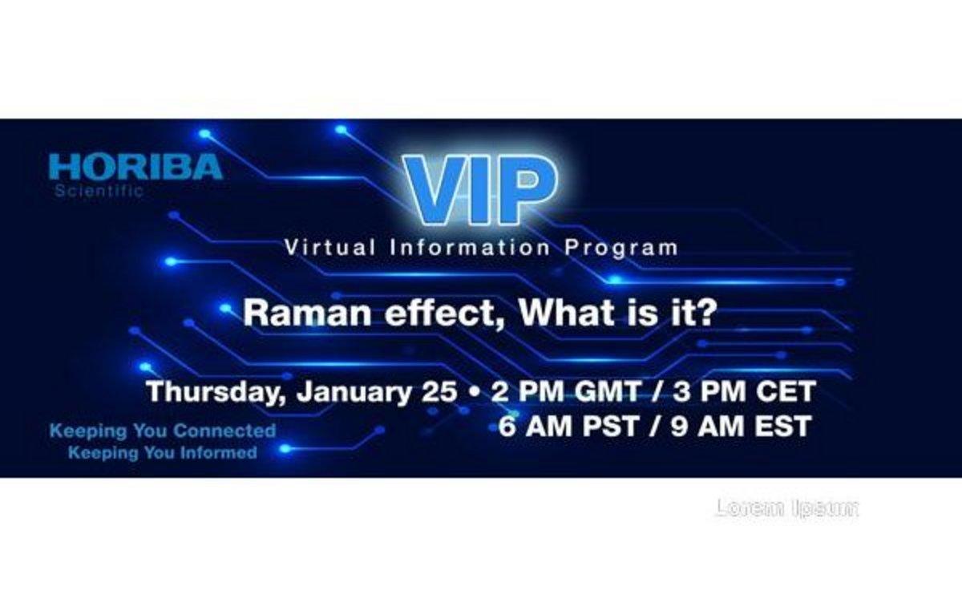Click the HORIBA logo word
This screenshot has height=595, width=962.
[135, 167]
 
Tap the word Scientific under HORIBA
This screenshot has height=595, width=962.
[99, 191]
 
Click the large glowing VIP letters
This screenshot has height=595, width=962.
[479, 189]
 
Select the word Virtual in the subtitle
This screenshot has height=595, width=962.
[329, 248]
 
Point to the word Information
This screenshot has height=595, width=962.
[470, 248]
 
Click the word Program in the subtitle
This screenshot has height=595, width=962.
[621, 249]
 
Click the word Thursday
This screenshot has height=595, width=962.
[216, 392]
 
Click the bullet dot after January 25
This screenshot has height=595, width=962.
[474, 392]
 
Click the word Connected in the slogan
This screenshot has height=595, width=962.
[224, 431]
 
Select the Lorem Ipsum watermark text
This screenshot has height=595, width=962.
[787, 508]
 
